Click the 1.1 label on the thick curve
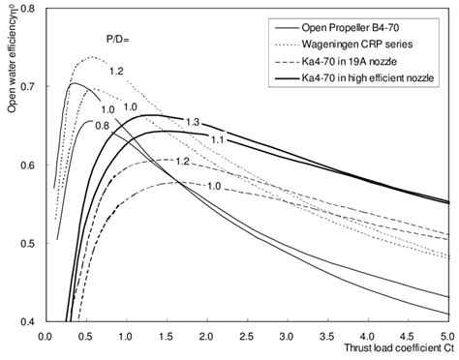pos(218,140)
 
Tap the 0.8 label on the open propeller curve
pos(102,126)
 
